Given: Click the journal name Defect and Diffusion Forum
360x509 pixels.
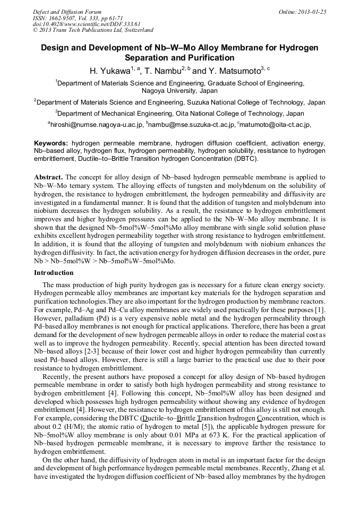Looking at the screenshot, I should pyautogui.click(x=67, y=12).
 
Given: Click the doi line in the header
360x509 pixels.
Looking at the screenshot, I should pyautogui.click(x=87, y=24).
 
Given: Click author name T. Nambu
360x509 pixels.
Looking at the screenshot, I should pyautogui.click(x=162, y=71).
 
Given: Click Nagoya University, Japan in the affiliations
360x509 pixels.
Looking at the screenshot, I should pyautogui.click(x=179, y=91).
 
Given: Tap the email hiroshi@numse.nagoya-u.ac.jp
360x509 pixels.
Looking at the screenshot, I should pyautogui.click(x=97, y=125).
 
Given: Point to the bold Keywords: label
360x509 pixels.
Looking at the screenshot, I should pyautogui.click(x=51, y=143).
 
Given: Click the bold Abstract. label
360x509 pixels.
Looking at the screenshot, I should pyautogui.click(x=49, y=177).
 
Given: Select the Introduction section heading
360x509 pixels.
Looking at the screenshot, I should pyautogui.click(x=54, y=273).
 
